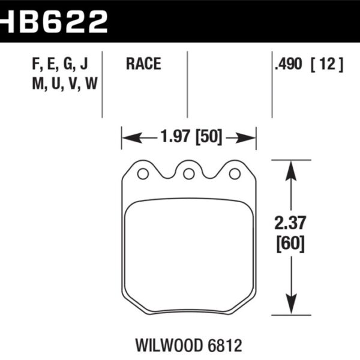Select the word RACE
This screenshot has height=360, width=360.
click(x=143, y=64)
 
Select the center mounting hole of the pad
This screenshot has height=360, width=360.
click(x=188, y=174)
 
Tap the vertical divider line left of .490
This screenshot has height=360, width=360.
click(x=272, y=84)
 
